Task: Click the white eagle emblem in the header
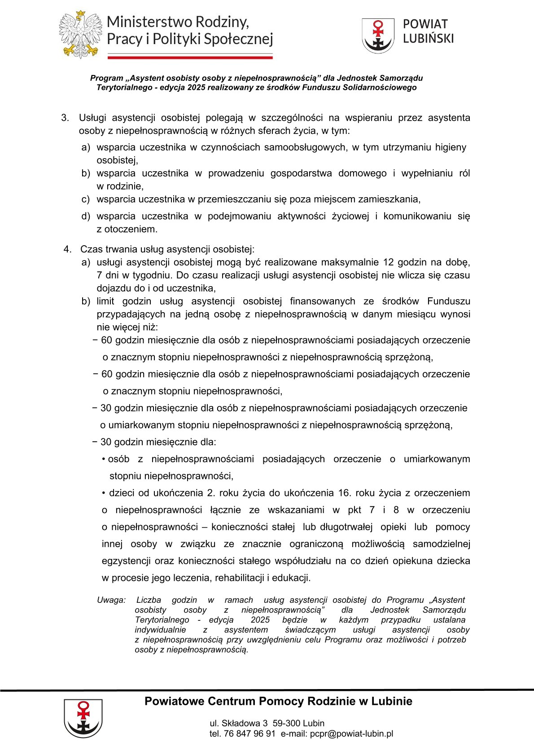(80, 35)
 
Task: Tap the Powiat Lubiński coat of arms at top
(378, 35)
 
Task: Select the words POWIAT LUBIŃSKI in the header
(428, 31)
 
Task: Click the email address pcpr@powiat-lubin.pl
(351, 734)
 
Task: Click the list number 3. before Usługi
(65, 118)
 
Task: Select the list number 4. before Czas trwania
(67, 249)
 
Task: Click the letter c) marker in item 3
(85, 199)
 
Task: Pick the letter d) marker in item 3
(86, 216)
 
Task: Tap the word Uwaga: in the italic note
(111, 600)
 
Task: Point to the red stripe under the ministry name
(190, 57)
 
